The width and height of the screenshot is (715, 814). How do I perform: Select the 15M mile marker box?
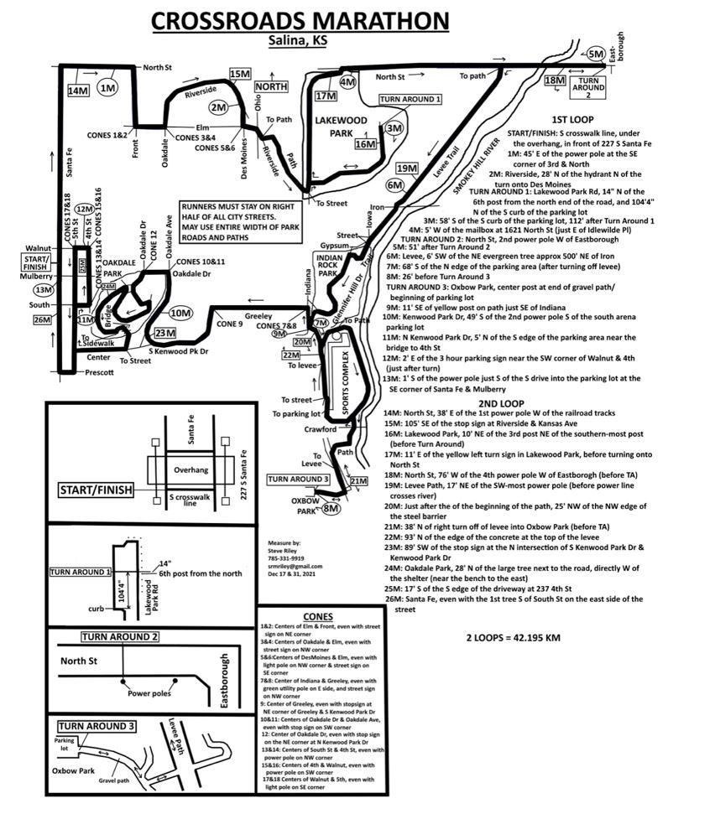[x=240, y=75]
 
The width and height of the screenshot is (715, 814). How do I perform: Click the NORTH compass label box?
[x=271, y=86]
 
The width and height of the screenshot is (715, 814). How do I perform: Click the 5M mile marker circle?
[x=598, y=54]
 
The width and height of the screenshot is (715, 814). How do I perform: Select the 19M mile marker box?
[x=407, y=169]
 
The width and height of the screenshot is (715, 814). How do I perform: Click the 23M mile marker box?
[x=165, y=333]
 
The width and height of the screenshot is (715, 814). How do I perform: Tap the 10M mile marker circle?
[x=180, y=313]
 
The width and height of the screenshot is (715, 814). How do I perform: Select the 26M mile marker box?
[x=42, y=319]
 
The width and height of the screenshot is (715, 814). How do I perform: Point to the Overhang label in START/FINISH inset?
[x=191, y=470]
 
